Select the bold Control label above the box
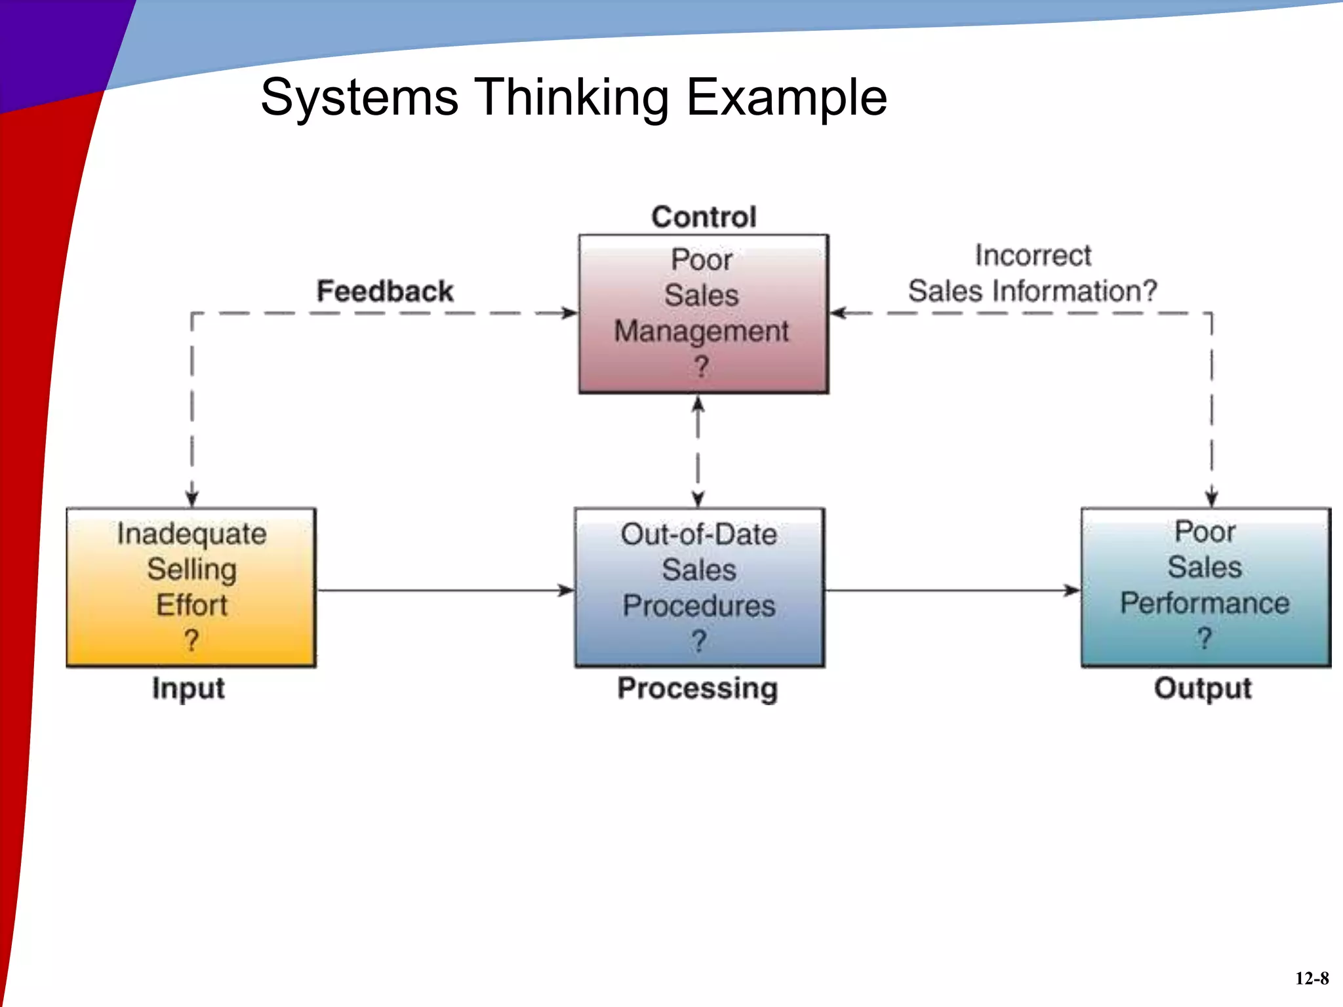(x=704, y=217)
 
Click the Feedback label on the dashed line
(x=385, y=291)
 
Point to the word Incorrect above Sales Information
(x=1033, y=255)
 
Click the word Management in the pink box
(x=701, y=331)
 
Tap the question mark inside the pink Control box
(x=701, y=366)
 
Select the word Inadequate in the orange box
(x=191, y=534)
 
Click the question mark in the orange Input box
(x=191, y=640)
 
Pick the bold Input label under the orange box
(x=188, y=688)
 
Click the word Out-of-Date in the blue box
(x=699, y=534)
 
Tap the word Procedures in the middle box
(x=699, y=605)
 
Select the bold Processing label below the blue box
(x=698, y=688)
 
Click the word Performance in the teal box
(x=1205, y=603)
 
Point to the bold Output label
(x=1203, y=688)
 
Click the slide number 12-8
(x=1312, y=978)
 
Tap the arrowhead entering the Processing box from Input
(x=567, y=591)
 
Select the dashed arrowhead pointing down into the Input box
(x=192, y=499)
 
